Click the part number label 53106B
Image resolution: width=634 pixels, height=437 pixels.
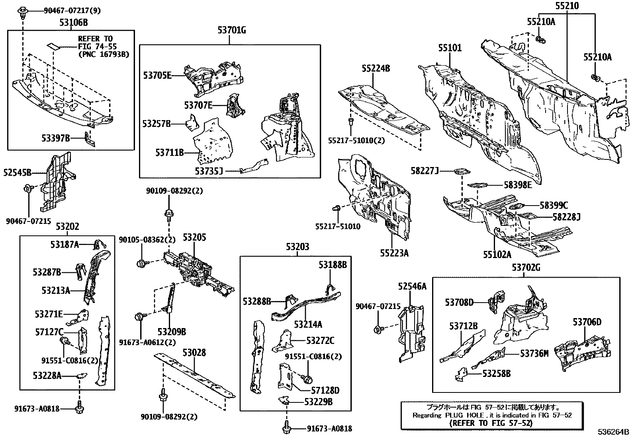point(73,23)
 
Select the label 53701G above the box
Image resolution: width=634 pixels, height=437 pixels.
point(232,30)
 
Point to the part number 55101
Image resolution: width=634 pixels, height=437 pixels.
point(450,48)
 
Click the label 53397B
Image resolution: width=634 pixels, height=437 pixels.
point(55,138)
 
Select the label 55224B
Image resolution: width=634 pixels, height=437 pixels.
point(376,68)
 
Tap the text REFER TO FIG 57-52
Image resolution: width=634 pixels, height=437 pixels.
point(490,423)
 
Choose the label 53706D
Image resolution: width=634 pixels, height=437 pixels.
point(587,322)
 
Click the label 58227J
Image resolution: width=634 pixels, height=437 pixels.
point(425,171)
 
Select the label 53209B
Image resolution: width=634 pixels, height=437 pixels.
point(172,331)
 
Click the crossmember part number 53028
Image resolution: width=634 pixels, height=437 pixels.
point(194,353)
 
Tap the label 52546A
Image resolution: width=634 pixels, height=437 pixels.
point(412,286)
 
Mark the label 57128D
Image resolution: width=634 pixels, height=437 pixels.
point(325,391)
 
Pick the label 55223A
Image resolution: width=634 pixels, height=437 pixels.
point(394,253)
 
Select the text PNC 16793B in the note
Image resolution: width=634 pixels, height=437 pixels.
point(104,54)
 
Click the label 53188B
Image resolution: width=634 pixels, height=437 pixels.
point(333,265)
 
